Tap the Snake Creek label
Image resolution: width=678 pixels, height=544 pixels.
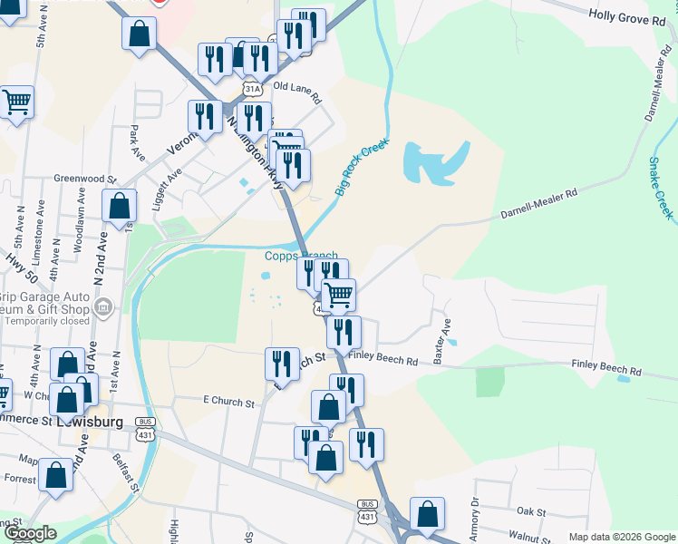[x=661, y=188]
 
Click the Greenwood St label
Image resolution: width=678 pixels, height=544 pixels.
[x=85, y=180]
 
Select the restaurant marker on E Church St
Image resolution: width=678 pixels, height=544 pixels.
[x=282, y=364]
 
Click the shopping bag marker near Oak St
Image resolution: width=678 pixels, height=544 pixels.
[x=426, y=513]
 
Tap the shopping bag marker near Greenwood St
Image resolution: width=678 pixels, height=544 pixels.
[x=120, y=205]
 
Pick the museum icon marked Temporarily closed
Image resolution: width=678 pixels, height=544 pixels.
[x=103, y=308]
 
